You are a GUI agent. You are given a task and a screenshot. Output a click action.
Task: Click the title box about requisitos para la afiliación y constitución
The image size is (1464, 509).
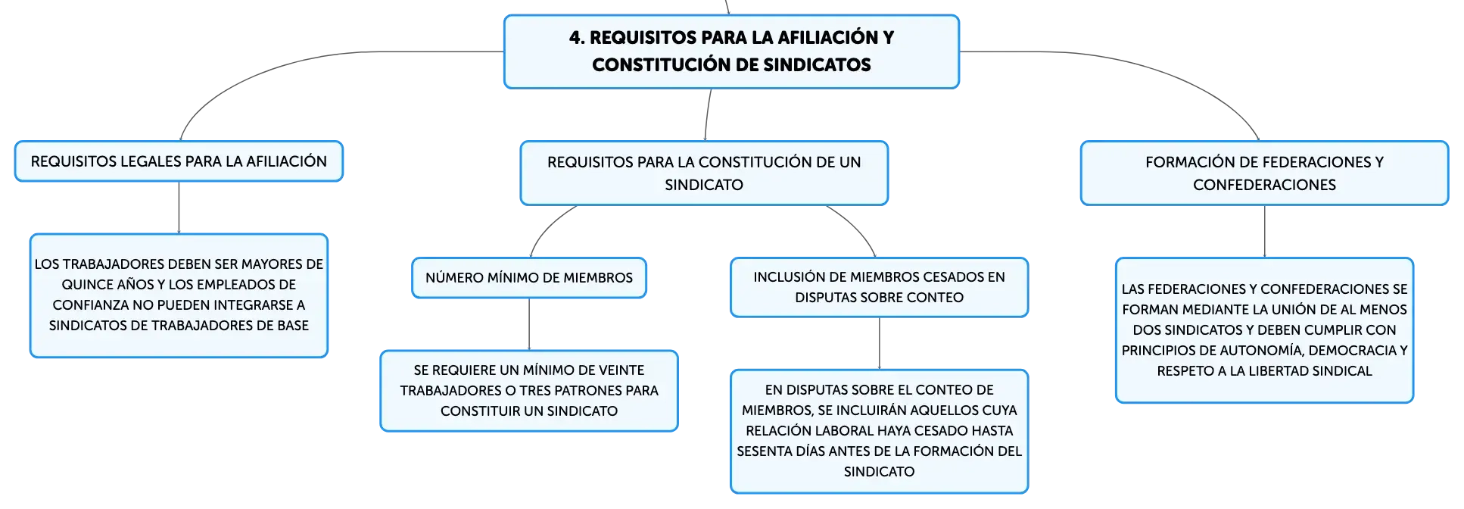click(731, 52)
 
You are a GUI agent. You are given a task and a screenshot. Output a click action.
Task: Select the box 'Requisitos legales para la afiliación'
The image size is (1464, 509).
click(179, 161)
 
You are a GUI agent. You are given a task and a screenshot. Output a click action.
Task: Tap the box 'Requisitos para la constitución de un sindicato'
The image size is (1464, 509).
click(704, 173)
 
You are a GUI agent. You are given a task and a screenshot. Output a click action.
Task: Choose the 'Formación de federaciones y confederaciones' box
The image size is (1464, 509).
click(1264, 173)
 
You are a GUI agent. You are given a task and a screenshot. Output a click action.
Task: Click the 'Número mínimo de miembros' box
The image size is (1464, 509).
click(529, 278)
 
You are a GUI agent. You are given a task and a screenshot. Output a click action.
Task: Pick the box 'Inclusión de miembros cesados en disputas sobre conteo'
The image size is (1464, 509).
click(879, 287)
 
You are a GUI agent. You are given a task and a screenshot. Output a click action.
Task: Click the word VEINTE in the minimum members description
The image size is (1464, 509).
click(619, 370)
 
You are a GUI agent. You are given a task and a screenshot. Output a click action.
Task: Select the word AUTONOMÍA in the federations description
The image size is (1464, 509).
click(1261, 351)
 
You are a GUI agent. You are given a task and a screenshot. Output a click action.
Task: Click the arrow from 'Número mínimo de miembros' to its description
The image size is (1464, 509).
click(529, 324)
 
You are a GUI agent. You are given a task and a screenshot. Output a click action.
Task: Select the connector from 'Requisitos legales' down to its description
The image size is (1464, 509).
click(179, 208)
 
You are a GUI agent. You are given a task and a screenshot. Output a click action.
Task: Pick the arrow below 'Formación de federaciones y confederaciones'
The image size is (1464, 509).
click(1264, 232)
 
